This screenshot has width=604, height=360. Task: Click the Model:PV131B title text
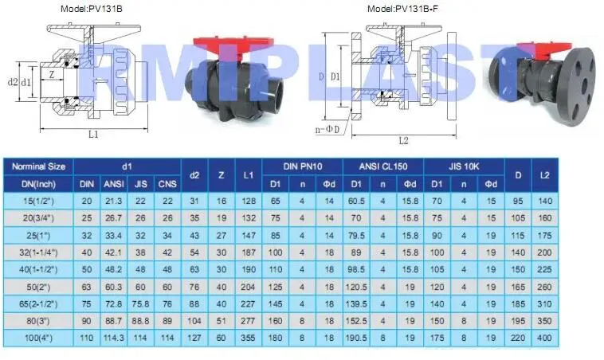click(92, 9)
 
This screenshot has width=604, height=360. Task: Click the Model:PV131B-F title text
click(402, 9)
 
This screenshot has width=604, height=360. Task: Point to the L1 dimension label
click(93, 135)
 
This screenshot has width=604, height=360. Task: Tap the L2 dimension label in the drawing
click(403, 140)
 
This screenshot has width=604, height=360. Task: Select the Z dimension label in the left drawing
click(52, 74)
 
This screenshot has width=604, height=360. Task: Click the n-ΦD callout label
click(327, 129)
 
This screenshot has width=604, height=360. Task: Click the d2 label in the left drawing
click(13, 82)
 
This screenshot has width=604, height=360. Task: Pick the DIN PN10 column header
click(302, 166)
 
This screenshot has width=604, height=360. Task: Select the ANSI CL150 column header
click(383, 166)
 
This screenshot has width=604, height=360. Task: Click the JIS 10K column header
click(464, 166)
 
